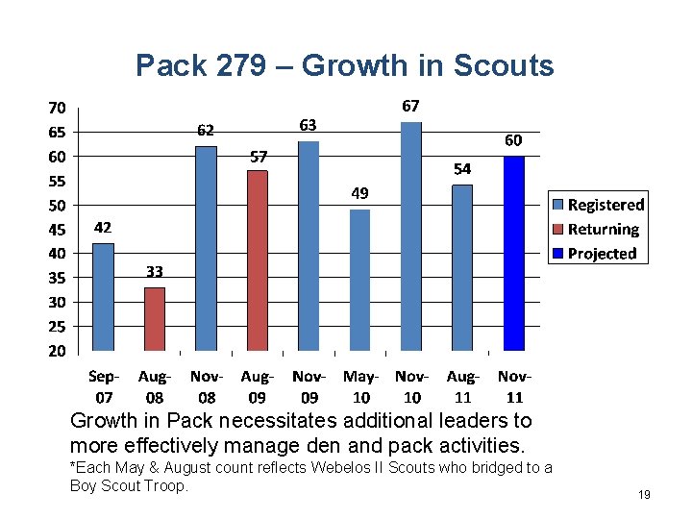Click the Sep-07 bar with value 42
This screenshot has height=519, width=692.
pyautogui.click(x=103, y=297)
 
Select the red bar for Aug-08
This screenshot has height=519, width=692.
pyautogui.click(x=154, y=319)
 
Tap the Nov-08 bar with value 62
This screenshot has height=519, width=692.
pyautogui.click(x=206, y=248)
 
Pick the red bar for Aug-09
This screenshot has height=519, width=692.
pyautogui.click(x=258, y=260)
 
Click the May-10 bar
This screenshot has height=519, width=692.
pyautogui.click(x=359, y=280)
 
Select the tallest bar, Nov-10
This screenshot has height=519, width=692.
pyautogui.click(x=411, y=236)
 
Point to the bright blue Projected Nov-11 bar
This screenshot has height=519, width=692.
pyautogui.click(x=514, y=253)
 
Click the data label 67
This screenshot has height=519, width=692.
pyautogui.click(x=410, y=105)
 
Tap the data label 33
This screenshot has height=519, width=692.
pyautogui.click(x=155, y=272)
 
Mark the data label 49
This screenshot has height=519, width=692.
pyautogui.click(x=358, y=193)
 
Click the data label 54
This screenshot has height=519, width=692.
pyautogui.click(x=462, y=168)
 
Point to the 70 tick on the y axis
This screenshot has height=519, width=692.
pyautogui.click(x=58, y=107)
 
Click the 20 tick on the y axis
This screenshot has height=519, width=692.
pyautogui.click(x=58, y=351)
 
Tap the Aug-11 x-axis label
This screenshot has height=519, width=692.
pyautogui.click(x=462, y=387)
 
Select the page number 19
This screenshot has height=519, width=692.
pyautogui.click(x=644, y=494)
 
